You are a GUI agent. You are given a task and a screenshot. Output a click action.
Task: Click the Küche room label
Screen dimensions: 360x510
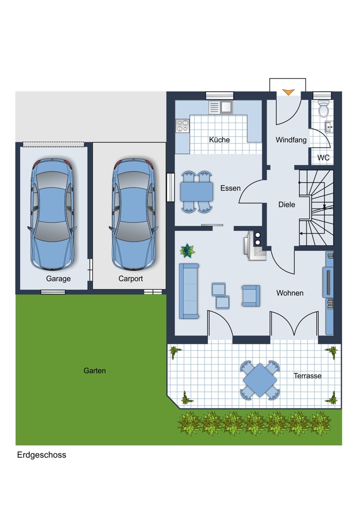[219, 140]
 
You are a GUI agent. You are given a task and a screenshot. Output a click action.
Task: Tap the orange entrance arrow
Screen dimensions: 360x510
[288, 92]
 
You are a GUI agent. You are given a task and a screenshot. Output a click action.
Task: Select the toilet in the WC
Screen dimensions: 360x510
[324, 109]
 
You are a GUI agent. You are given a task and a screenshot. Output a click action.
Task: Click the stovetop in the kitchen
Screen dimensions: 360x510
[183, 126]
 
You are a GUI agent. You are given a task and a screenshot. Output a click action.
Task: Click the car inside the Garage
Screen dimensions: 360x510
[52, 215]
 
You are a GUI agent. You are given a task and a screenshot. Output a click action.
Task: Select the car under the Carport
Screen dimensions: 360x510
[133, 215]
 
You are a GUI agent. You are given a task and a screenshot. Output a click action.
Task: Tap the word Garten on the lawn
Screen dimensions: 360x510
[95, 370]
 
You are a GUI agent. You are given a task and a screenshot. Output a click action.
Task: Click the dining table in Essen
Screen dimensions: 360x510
[197, 192]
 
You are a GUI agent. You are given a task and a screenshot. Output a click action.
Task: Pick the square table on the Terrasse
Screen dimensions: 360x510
[260, 380]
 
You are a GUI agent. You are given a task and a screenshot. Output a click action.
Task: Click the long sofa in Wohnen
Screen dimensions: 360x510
[189, 291]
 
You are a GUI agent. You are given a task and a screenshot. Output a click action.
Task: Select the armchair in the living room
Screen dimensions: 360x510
[251, 296]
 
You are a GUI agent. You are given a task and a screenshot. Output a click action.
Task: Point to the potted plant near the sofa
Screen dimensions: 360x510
[187, 251]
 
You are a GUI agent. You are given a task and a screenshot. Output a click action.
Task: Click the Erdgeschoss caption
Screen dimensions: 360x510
[42, 455]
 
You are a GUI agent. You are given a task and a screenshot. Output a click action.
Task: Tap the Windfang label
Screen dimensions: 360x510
[291, 140]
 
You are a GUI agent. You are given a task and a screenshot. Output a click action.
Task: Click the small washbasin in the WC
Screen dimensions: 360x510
[328, 127]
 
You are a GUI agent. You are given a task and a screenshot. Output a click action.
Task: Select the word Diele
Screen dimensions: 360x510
[287, 205]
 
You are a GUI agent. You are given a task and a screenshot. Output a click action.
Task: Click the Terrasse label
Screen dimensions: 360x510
[307, 376]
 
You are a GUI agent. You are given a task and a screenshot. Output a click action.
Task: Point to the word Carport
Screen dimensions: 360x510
[131, 279]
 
